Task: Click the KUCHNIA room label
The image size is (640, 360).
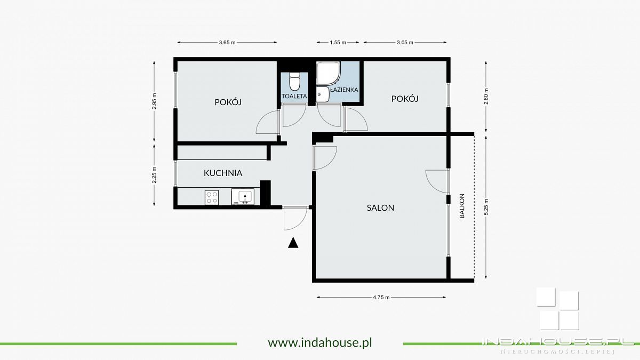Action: pyautogui.click(x=223, y=173)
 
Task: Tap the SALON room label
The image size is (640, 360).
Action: pyautogui.click(x=380, y=207)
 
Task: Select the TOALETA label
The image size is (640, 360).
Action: pyautogui.click(x=294, y=96)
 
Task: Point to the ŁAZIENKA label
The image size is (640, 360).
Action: pyautogui.click(x=343, y=90)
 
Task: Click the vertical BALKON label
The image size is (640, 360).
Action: pyautogui.click(x=462, y=206)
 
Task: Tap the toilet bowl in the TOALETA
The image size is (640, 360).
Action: pyautogui.click(x=294, y=82)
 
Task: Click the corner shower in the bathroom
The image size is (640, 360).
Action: pyautogui.click(x=328, y=74)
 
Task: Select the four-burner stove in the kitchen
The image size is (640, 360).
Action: pyautogui.click(x=212, y=197)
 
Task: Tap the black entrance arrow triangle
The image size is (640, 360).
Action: pyautogui.click(x=292, y=243)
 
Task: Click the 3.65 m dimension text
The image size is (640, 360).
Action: pyautogui.click(x=227, y=43)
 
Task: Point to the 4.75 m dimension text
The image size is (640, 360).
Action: pyautogui.click(x=381, y=297)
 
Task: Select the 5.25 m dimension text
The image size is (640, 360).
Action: pyautogui.click(x=486, y=206)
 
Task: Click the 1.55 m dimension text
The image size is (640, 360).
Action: pyautogui.click(x=338, y=43)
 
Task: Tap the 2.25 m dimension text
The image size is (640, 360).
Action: pyautogui.click(x=154, y=175)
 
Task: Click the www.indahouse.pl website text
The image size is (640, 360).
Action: pyautogui.click(x=319, y=342)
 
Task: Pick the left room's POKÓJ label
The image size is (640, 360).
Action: pyautogui.click(x=228, y=102)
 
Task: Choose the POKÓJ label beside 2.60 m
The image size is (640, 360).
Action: pyautogui.click(x=405, y=99)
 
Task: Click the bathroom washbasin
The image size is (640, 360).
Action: pyautogui.click(x=322, y=94)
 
